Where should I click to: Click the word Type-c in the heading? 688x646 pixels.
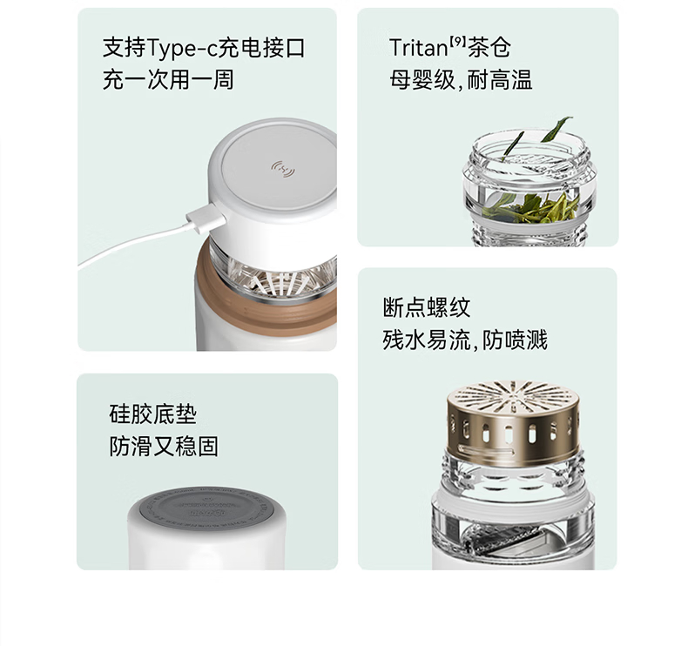(x=182, y=48)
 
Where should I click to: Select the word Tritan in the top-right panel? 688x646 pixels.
(x=418, y=47)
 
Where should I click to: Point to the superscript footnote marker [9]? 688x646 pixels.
(x=456, y=42)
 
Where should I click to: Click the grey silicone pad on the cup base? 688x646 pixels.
(x=206, y=508)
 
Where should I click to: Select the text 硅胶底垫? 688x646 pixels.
(x=152, y=414)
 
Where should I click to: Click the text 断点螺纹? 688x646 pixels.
(x=427, y=307)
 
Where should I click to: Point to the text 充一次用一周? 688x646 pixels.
(x=168, y=80)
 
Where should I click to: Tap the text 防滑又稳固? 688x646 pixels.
(x=164, y=447)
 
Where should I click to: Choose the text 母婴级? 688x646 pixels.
(x=422, y=80)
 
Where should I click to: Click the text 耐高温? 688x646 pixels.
(x=500, y=80)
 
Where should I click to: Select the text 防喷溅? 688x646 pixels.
(x=515, y=340)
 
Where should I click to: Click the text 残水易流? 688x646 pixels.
(x=427, y=340)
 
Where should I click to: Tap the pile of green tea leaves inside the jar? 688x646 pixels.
(x=530, y=207)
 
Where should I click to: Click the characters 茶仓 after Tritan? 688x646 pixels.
(x=489, y=47)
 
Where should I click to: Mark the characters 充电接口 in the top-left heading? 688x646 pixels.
(x=261, y=48)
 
